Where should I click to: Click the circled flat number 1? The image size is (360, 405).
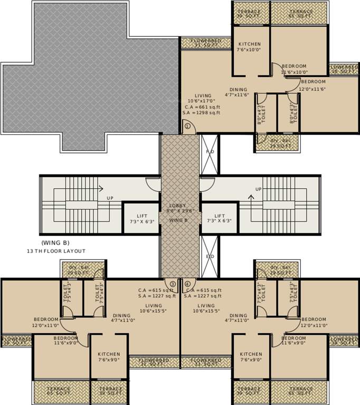[187, 126]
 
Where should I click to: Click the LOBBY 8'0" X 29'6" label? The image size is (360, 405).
[179, 208]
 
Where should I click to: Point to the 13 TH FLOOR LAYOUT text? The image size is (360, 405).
[56, 251]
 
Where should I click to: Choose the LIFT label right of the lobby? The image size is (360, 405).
[220, 218]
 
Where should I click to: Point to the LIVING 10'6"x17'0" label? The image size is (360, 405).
[203, 98]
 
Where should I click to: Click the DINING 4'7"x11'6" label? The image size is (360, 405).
[238, 92]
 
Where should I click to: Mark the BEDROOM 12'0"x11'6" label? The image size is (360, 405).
[313, 85]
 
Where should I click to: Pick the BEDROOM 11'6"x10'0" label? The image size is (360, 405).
[294, 69]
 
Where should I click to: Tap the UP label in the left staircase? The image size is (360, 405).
[110, 198]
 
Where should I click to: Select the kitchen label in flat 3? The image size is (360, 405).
[109, 357]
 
